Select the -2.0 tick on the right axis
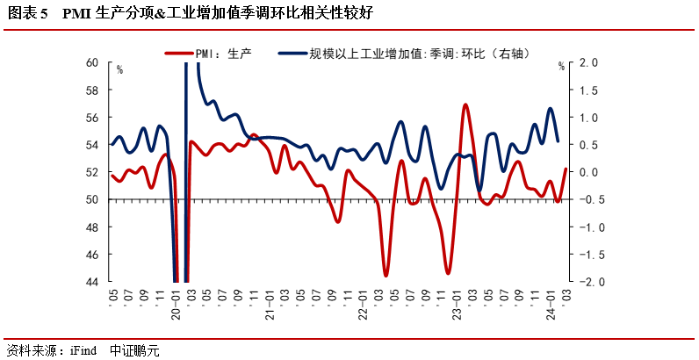tap(588, 282)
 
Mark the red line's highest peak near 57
tap(465, 104)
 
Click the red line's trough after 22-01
tap(386, 276)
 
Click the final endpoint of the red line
tap(566, 169)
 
